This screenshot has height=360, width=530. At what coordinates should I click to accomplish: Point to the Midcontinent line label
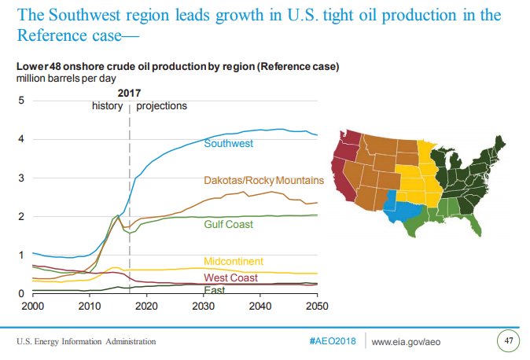pyautogui.click(x=233, y=261)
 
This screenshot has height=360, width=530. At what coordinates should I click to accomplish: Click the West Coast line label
pyautogui.click(x=230, y=277)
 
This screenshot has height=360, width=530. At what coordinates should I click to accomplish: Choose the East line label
pyautogui.click(x=214, y=290)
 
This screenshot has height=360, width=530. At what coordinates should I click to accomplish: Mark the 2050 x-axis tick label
pyautogui.click(x=316, y=305)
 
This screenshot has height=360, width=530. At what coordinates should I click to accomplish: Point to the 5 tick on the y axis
pyautogui.click(x=21, y=101)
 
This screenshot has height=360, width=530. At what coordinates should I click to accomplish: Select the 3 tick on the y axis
pyautogui.click(x=21, y=178)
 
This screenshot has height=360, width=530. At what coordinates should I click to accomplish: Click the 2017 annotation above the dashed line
pyautogui.click(x=130, y=93)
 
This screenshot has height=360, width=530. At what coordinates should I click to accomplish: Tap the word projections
pyautogui.click(x=162, y=105)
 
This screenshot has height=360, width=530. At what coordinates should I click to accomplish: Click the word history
pyautogui.click(x=108, y=105)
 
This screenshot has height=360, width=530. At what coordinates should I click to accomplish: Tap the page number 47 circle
pyautogui.click(x=507, y=341)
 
